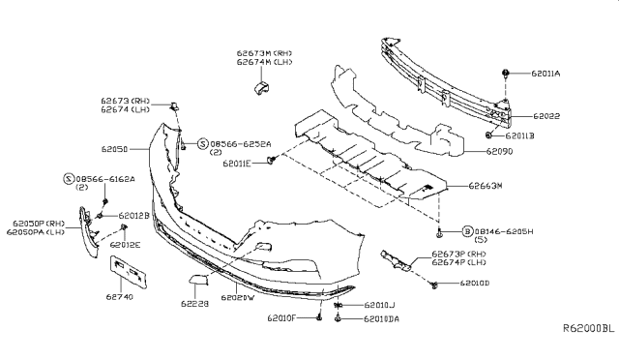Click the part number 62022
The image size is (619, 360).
click(546, 114)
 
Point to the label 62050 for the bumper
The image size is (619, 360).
click(115, 150)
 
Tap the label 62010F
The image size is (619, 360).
click(283, 317)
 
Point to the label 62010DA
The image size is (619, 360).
click(381, 317)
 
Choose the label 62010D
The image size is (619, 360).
click(475, 285)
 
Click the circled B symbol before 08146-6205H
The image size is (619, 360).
click(467, 232)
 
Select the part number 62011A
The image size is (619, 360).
click(545, 73)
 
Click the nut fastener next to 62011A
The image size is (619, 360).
click(507, 74)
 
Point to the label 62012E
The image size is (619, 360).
click(125, 245)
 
